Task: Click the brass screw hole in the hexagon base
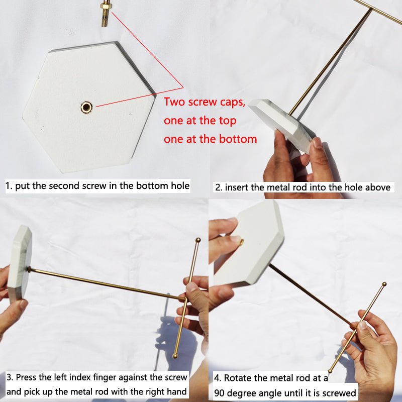[86, 107]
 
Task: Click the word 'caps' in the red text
[233, 103]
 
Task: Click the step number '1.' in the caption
[9, 185]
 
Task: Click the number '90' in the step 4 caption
[220, 393]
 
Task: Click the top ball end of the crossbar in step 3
[198, 240]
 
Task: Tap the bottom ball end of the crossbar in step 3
[175, 356]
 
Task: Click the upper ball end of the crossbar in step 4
[384, 284]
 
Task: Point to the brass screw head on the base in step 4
[242, 242]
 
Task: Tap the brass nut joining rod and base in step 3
[29, 269]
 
